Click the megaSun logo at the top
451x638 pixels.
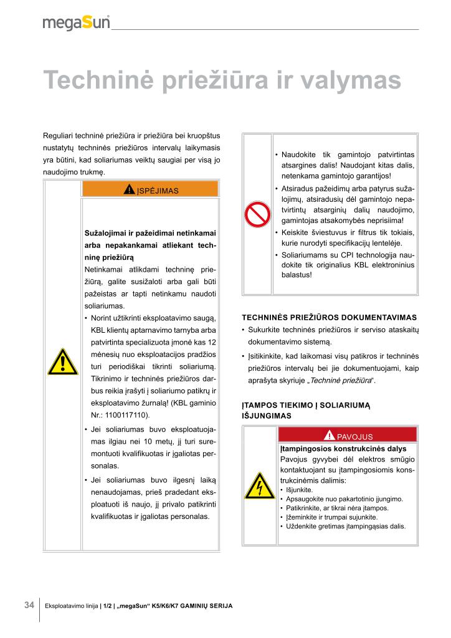click(x=76, y=23)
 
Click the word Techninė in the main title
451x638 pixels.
click(x=98, y=81)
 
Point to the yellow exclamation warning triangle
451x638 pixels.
click(x=62, y=362)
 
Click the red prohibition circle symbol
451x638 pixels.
click(x=256, y=214)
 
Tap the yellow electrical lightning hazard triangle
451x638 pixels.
click(x=260, y=485)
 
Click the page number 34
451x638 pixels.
click(x=29, y=605)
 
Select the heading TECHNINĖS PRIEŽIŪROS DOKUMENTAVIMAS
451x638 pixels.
click(x=329, y=317)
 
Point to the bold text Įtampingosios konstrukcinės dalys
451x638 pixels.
click(x=343, y=449)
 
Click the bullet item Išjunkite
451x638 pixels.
click(x=299, y=490)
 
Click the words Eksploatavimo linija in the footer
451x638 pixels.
click(x=76, y=606)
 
